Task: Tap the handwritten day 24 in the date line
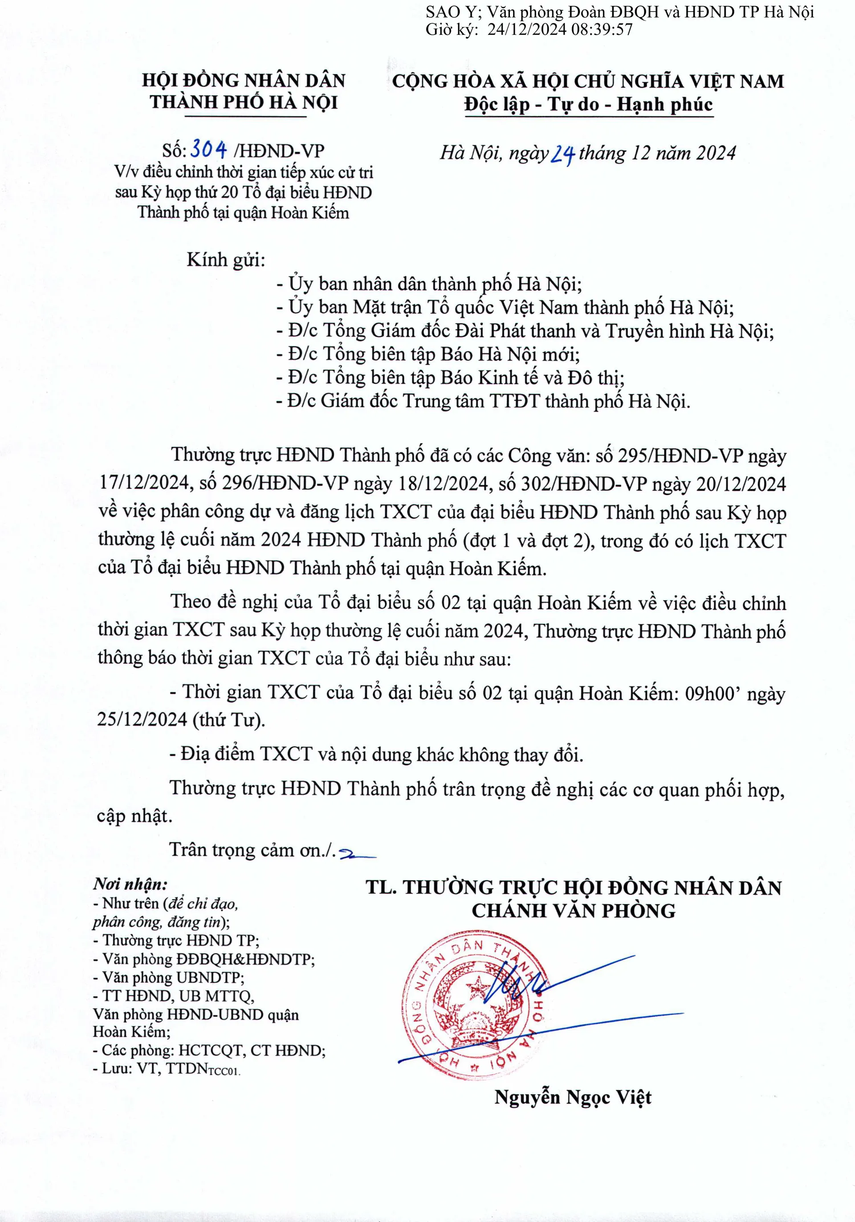(x=562, y=155)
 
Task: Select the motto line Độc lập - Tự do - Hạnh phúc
(x=588, y=104)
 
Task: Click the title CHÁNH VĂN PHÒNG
(x=574, y=911)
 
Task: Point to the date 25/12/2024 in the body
(x=142, y=720)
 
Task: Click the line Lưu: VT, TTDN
(x=167, y=1069)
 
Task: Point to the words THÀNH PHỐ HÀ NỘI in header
(x=244, y=102)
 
